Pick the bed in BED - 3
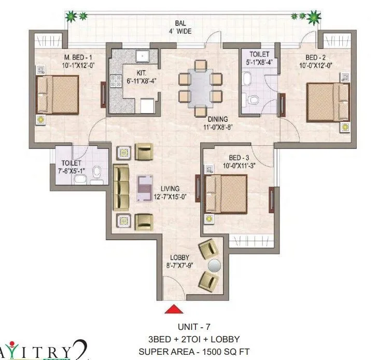pos(227,193)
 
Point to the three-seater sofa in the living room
pos(121,187)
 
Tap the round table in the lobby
pos(214,265)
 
